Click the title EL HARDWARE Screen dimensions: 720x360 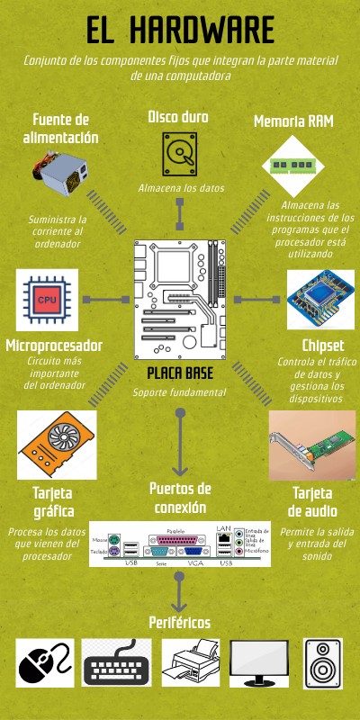coord(180,31)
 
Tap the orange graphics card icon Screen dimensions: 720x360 coord(55,444)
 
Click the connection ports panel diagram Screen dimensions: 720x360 coord(180,544)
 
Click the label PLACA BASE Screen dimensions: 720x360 coord(179,373)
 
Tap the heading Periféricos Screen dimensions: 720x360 coord(179,622)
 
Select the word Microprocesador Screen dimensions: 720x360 coord(53,346)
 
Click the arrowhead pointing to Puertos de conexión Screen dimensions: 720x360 coord(180,470)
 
